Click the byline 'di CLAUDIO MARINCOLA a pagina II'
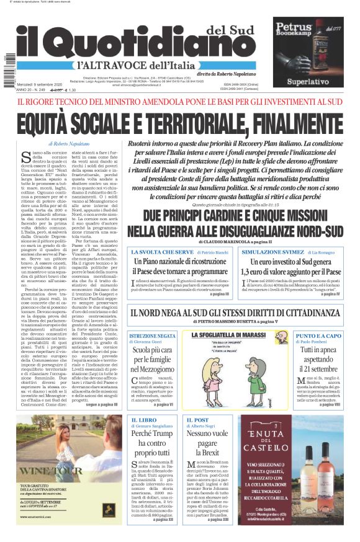tap(235, 241)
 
